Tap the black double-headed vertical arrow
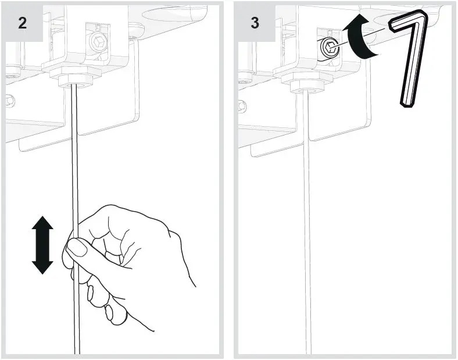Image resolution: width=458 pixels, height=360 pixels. [x=42, y=244]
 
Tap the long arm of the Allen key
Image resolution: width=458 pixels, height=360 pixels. [x=413, y=64]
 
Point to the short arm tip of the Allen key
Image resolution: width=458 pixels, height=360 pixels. [x=393, y=25]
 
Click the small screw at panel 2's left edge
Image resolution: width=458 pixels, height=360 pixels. [x=10, y=99]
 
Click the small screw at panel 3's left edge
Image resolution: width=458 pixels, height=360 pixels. [x=241, y=105]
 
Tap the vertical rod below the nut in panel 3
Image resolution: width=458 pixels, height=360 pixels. [x=307, y=221]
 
